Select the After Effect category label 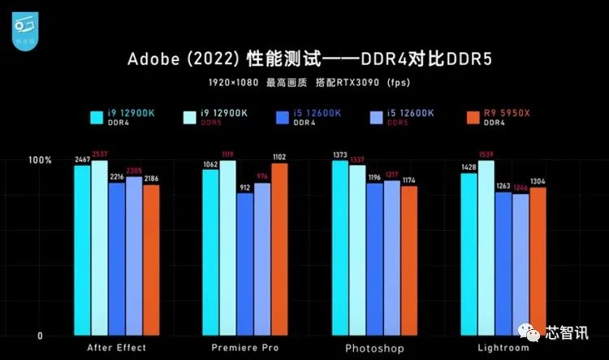point(117,348)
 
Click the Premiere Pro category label point(245,348)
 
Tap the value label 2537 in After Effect point(100,154)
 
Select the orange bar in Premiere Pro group point(279,249)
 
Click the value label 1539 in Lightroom point(486,154)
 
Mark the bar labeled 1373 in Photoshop point(339,248)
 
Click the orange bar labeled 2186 point(151,260)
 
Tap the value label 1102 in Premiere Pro point(279,157)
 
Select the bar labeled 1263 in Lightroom point(503,263)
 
